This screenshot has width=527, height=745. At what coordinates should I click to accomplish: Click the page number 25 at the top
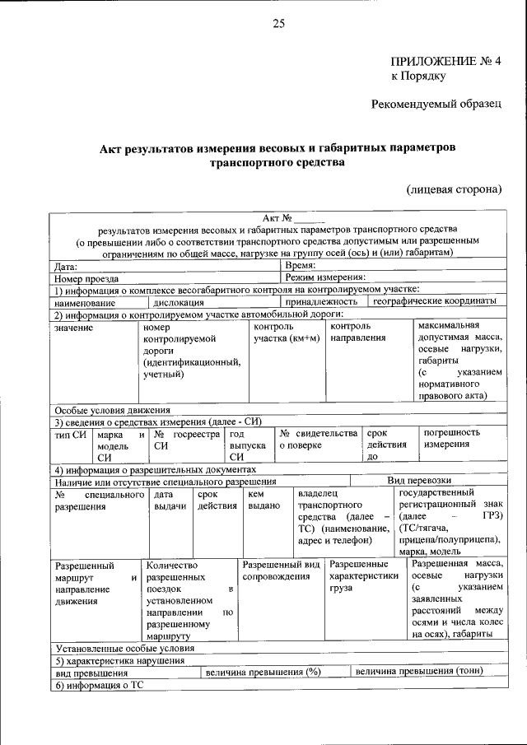[x=278, y=24]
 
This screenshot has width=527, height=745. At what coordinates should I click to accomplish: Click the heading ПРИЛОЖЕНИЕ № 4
[x=445, y=62]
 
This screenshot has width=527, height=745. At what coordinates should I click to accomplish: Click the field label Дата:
[x=66, y=267]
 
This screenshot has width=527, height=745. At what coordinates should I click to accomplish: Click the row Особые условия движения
[x=112, y=410]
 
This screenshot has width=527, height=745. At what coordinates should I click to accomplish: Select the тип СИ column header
[x=70, y=433]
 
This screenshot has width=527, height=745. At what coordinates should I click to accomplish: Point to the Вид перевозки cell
[x=420, y=480]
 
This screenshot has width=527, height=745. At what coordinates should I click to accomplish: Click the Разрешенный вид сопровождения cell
[x=281, y=570]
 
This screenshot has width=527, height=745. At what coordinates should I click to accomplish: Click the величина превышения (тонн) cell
[x=419, y=671]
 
